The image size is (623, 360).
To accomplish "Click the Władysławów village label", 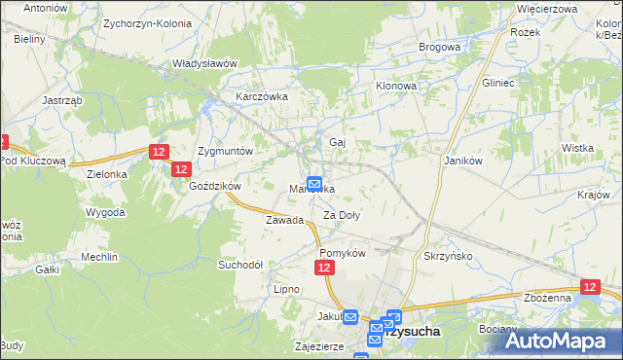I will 204,63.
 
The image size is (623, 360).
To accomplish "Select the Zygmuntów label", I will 225,152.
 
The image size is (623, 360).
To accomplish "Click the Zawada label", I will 285,220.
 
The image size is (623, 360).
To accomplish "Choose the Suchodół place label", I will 240,264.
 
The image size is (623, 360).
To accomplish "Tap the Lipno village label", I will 286,289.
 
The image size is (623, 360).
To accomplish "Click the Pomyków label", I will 342,252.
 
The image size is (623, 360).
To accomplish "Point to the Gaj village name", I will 338,142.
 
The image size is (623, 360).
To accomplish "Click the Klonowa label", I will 397,86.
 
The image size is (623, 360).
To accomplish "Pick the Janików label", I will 464,161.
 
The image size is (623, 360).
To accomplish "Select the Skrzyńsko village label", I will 448,255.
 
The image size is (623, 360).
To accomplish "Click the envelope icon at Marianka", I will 315,183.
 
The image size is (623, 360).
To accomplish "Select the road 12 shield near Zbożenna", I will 590,287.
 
